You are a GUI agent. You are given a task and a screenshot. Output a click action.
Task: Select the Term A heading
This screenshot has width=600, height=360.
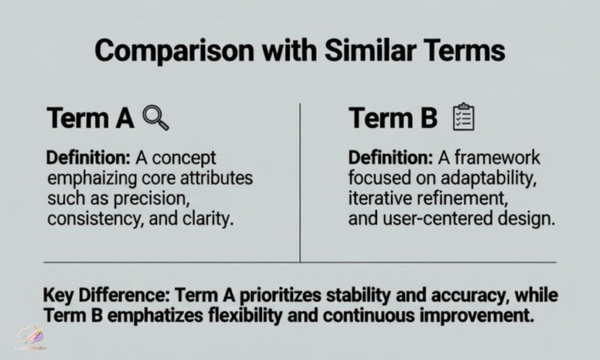click(x=90, y=118)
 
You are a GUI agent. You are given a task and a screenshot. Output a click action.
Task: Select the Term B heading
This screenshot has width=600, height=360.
click(x=393, y=118)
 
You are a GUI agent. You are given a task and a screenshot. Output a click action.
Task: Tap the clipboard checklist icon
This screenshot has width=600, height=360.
click(x=463, y=117)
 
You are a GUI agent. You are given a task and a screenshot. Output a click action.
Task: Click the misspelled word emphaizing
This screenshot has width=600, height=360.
click(x=96, y=178)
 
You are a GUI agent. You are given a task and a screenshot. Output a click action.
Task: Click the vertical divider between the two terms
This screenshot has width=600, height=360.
click(x=300, y=182)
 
